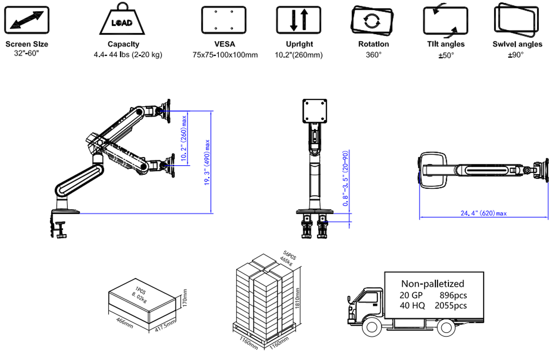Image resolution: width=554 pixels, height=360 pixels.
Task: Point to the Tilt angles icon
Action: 445,21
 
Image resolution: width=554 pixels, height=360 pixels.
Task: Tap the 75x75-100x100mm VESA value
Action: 225,55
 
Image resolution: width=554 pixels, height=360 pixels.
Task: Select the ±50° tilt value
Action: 446,55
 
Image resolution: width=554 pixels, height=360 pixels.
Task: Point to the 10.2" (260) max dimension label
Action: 184,139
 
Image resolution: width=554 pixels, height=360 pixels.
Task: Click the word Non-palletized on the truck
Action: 433,284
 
